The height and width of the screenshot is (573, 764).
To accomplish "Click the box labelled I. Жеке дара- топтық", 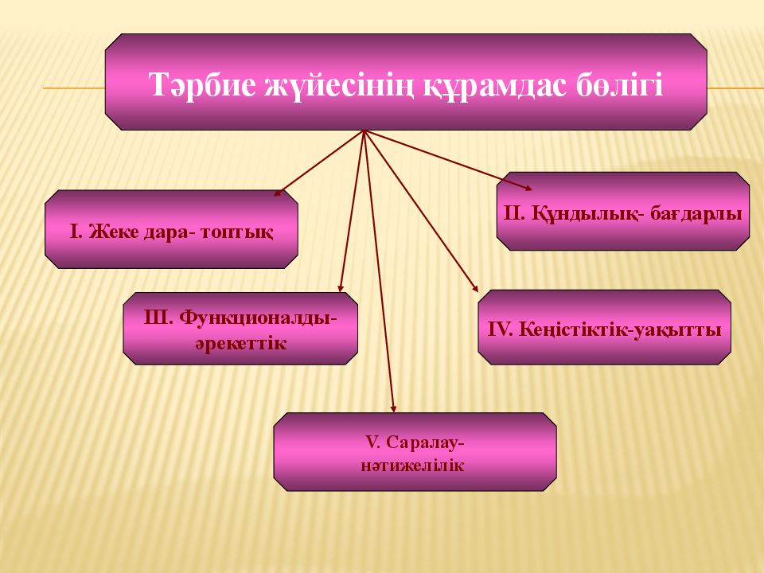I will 171,229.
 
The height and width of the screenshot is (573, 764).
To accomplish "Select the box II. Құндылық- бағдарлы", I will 622,212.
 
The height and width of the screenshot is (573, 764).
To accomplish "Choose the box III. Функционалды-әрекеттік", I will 240,328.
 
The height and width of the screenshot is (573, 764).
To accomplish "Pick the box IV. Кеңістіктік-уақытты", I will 604,327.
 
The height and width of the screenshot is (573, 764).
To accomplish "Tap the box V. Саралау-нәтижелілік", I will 415,451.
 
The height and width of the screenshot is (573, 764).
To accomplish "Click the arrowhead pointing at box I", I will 278,193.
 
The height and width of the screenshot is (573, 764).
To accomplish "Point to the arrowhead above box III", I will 341,289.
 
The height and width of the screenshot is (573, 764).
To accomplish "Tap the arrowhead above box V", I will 393,408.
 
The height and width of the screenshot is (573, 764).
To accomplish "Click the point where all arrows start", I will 364,131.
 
